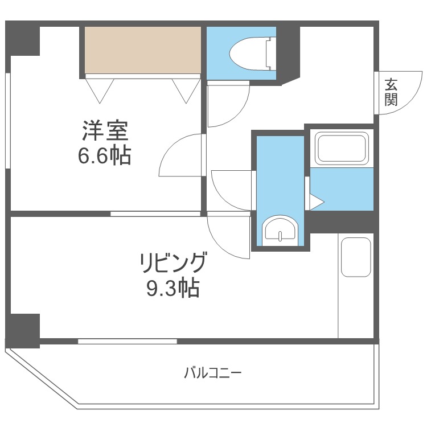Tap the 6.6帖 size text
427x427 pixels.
[104, 154]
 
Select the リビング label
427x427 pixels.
[173, 264]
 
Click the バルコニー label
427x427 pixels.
[212, 373]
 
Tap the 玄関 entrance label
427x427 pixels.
[391, 92]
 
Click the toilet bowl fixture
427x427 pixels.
[250, 53]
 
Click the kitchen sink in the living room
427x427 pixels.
[356, 257]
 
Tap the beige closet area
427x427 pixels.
[143, 50]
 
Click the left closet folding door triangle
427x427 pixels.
[100, 89]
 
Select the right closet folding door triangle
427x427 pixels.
[186, 89]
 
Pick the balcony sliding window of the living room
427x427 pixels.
[127, 342]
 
